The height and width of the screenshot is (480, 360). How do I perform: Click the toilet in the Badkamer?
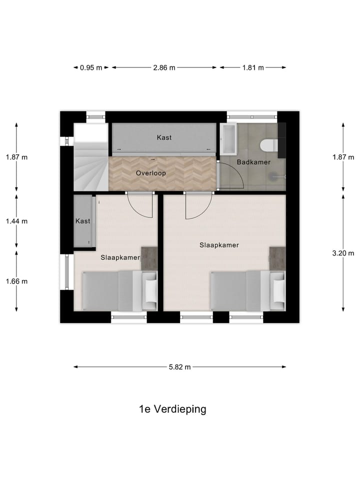point(269,145)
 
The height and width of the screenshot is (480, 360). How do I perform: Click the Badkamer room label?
point(253,162)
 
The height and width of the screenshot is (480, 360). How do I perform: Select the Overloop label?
point(150,173)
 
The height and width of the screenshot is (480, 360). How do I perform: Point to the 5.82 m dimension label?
point(180,367)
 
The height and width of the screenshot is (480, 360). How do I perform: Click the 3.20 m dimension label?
point(343,253)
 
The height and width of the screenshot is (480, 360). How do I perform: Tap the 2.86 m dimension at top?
point(164,68)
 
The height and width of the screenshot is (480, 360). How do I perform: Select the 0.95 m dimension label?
point(91,68)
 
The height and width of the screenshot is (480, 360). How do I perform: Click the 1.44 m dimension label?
point(16,221)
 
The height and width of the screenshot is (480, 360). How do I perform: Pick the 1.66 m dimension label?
point(16,281)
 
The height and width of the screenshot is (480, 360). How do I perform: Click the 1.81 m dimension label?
point(253,68)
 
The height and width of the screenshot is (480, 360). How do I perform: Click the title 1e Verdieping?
point(172,409)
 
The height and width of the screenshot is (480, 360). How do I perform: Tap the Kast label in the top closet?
point(164,137)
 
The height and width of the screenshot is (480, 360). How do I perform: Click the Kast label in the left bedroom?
point(82,221)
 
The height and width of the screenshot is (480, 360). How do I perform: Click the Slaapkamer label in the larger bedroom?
point(219,245)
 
